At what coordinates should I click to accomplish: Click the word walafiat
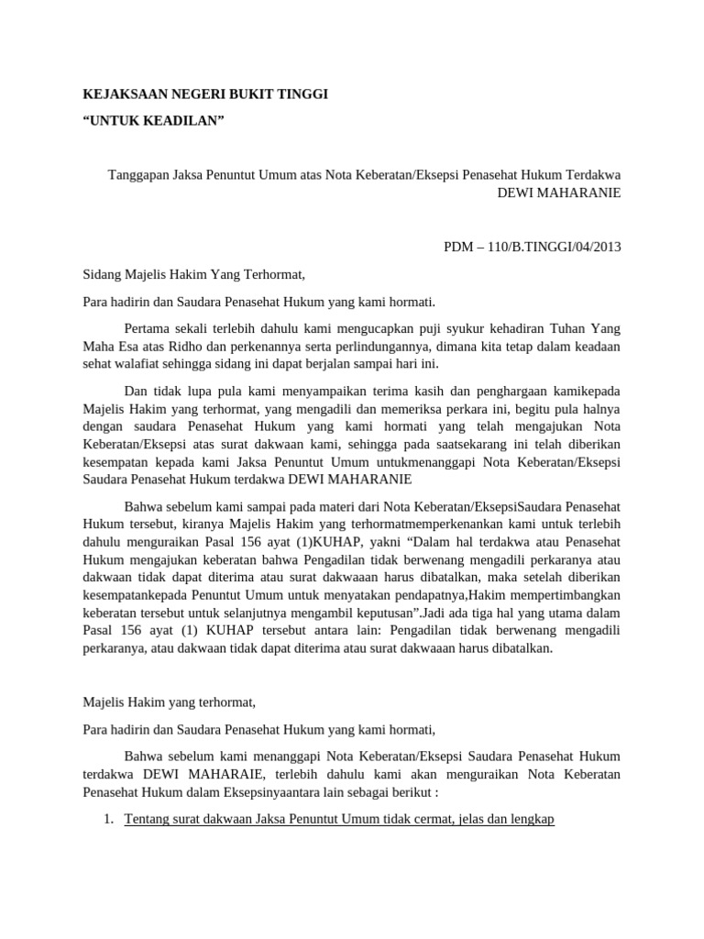point(137,363)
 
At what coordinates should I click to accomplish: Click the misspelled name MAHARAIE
point(194,774)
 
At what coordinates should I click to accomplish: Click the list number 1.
point(107,819)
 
